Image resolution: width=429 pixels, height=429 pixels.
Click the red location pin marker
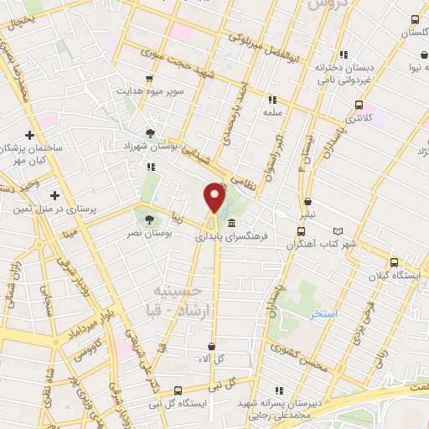(214, 199)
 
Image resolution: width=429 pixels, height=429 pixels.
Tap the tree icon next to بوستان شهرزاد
(149, 132)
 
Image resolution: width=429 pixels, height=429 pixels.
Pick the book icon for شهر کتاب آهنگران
(338, 232)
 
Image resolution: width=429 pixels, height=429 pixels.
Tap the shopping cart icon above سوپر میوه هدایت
(149, 79)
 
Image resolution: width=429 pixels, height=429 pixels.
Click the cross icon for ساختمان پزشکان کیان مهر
(30, 135)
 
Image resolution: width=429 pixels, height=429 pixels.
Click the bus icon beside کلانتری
(359, 106)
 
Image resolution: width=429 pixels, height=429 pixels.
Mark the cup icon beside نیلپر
(308, 202)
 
